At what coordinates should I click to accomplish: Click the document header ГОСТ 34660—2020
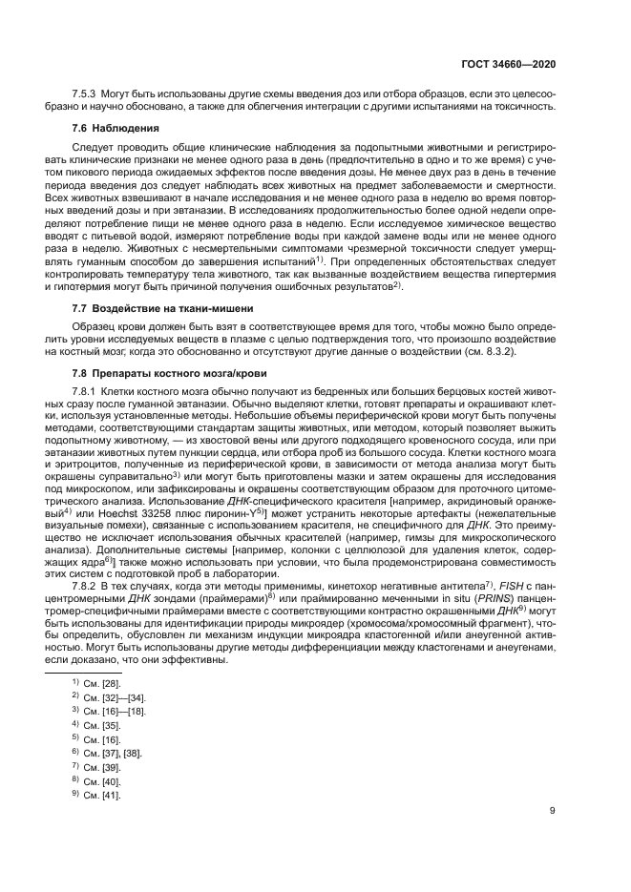[508, 64]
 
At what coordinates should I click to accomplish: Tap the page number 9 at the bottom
[553, 812]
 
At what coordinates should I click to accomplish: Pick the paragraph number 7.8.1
[87, 392]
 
